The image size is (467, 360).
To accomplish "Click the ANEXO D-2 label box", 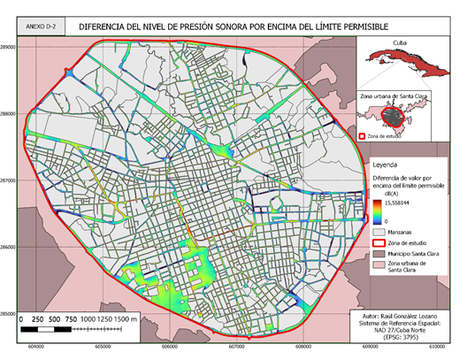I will click(42, 26).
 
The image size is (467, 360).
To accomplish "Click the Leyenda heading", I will click(385, 165).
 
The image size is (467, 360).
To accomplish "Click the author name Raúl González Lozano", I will click(408, 314).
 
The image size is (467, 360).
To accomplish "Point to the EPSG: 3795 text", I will click(408, 337).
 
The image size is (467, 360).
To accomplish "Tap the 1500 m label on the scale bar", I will click(126, 318).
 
